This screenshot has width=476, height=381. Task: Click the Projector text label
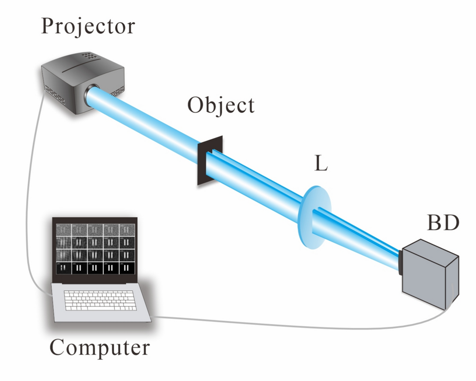coord(88,26)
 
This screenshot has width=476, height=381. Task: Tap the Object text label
coord(221,105)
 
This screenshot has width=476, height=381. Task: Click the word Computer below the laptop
coord(99,348)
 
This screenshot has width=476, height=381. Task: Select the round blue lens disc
coord(315,217)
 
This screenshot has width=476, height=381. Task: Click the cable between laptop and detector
coord(295,326)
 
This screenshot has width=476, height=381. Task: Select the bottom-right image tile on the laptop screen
coord(127,268)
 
